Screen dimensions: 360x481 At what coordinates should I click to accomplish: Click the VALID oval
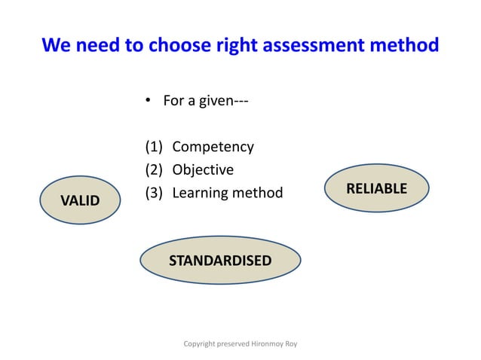pos(79,200)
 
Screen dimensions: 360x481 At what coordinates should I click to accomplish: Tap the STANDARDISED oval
pos(220,261)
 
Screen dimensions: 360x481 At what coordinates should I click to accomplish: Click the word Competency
pos(213,147)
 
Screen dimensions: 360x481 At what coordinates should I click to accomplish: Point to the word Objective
pos(203,170)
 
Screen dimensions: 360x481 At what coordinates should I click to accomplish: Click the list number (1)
pos(154,147)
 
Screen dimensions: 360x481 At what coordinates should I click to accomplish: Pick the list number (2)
pos(154,170)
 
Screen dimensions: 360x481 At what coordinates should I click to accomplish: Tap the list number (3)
pos(154,194)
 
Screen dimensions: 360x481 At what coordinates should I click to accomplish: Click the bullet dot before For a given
pos(149,101)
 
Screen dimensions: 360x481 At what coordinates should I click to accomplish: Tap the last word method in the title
pos(406,46)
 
